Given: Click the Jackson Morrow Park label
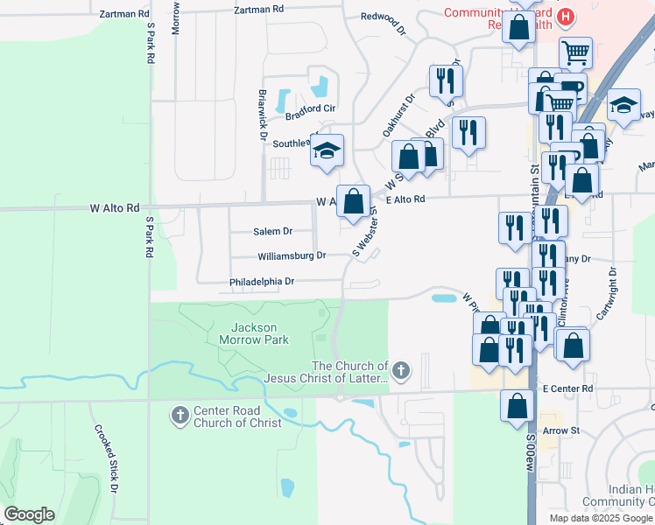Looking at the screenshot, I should click(247, 332).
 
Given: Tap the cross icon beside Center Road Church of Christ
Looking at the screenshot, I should click(180, 413).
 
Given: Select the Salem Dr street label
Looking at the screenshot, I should click(272, 232).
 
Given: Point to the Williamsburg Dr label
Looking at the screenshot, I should click(292, 256).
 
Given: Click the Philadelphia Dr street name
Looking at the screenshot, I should click(262, 282).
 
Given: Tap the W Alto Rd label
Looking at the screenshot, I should click(114, 208).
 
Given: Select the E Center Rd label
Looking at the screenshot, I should click(567, 388).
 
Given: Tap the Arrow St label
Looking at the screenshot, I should click(560, 430).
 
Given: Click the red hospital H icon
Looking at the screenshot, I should click(567, 16).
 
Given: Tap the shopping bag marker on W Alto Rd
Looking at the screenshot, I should click(352, 201).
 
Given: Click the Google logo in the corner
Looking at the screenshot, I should click(29, 514).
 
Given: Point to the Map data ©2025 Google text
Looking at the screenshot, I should click(601, 518).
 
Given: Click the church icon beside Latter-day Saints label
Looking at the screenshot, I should click(401, 371).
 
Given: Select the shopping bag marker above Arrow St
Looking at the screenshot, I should click(518, 406).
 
